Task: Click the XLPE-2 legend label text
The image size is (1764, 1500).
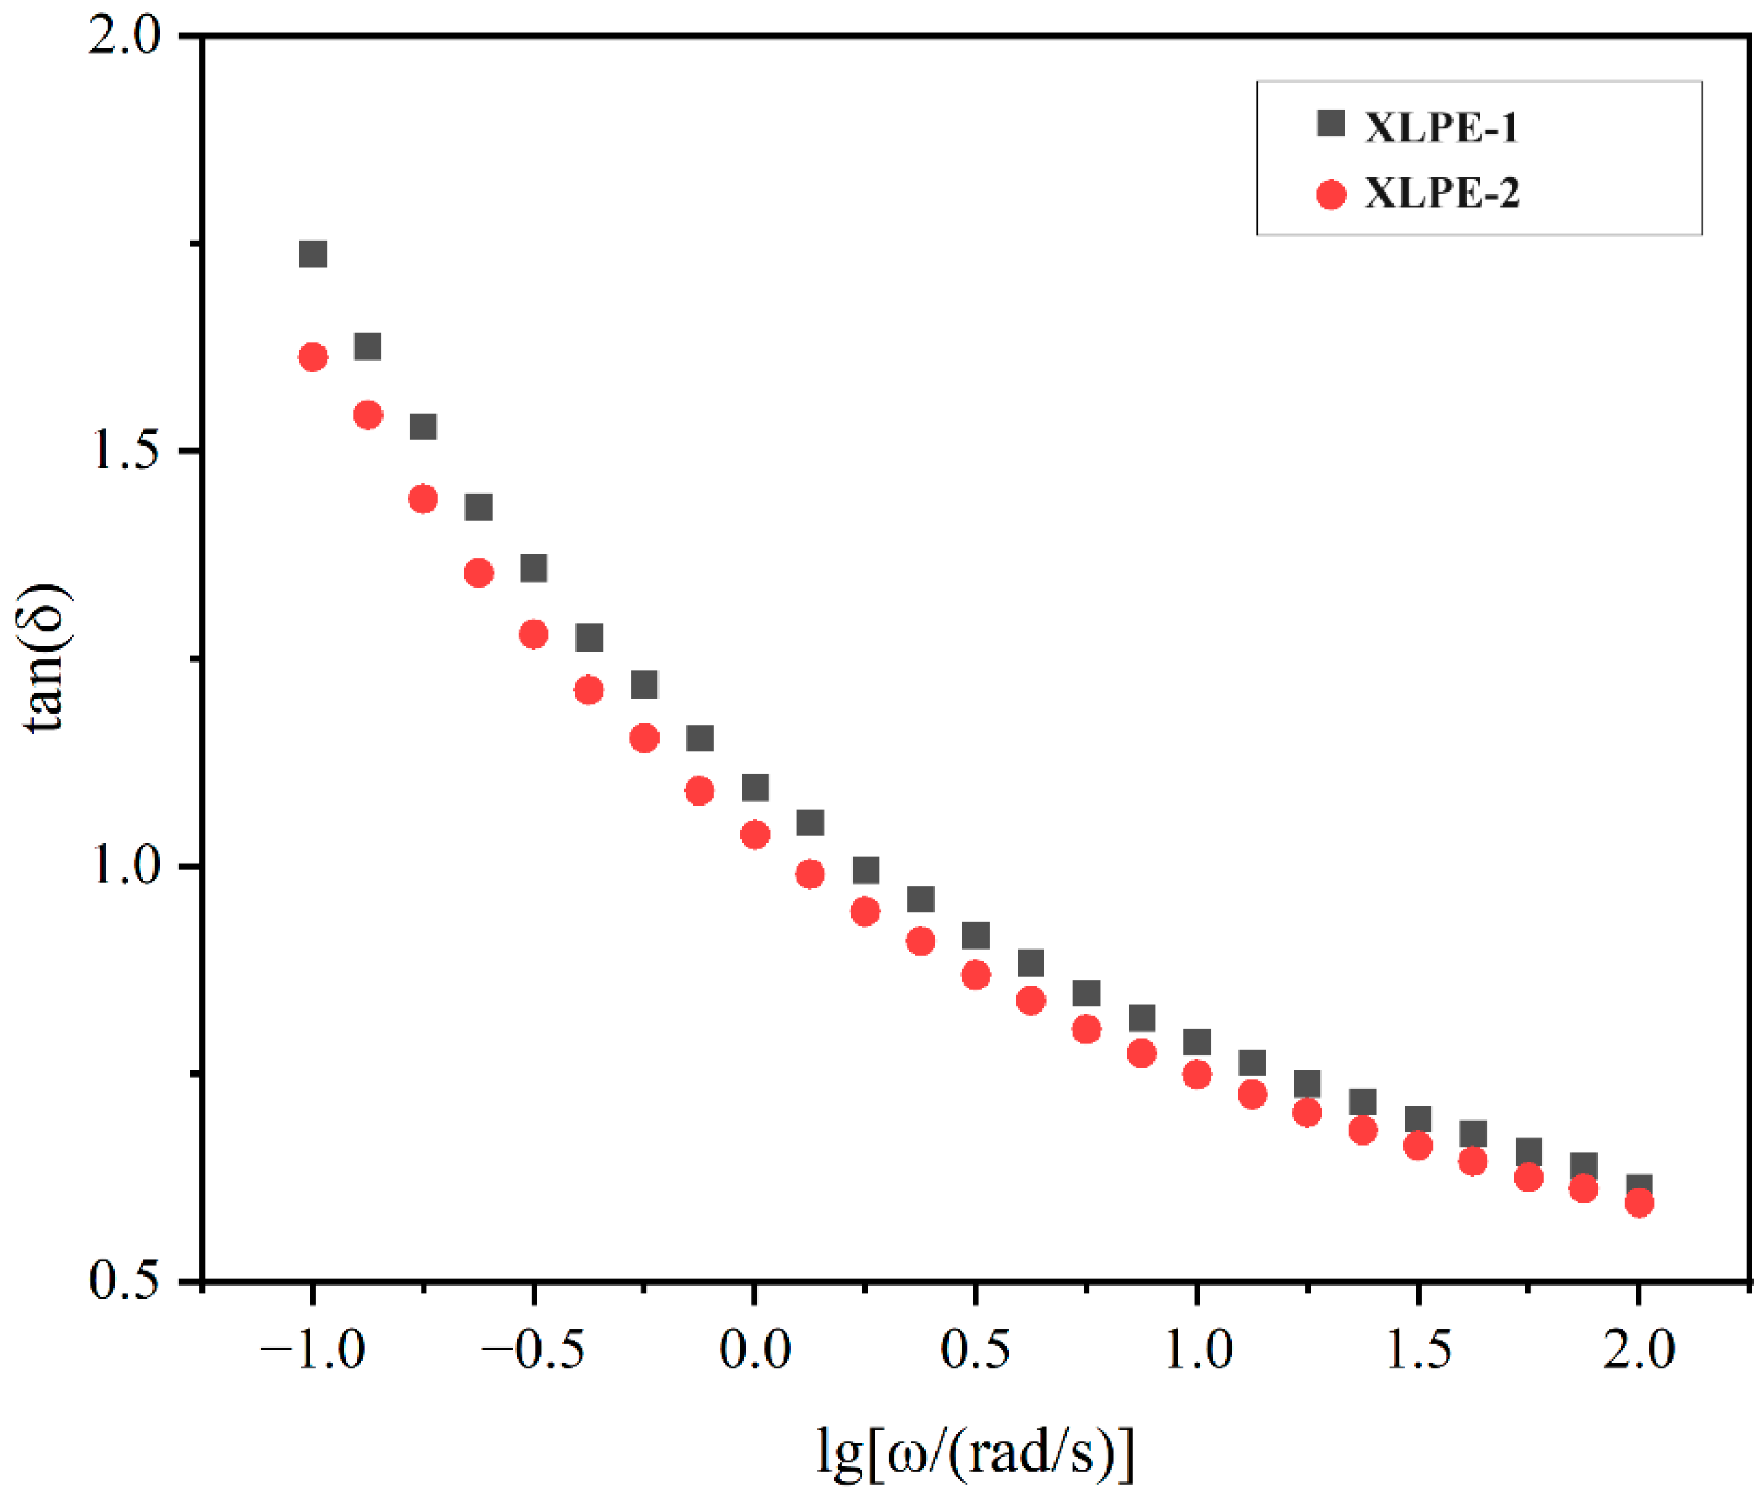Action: pyautogui.click(x=1441, y=193)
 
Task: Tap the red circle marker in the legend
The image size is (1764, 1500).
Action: pyautogui.click(x=1330, y=194)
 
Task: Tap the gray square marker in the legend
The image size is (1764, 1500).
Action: pyautogui.click(x=1330, y=123)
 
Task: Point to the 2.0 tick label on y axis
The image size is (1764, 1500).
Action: pyautogui.click(x=124, y=37)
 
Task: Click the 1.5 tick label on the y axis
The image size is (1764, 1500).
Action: pyautogui.click(x=124, y=450)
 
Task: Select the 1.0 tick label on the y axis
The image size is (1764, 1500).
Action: pyautogui.click(x=124, y=866)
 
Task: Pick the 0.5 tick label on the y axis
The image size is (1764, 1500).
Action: pyautogui.click(x=124, y=1280)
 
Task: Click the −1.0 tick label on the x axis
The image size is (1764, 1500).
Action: pyautogui.click(x=313, y=1350)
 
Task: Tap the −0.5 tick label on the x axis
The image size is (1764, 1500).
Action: pyautogui.click(x=533, y=1350)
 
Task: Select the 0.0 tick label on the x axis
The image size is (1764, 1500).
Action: pyautogui.click(x=755, y=1350)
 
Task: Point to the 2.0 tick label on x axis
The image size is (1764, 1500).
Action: pyautogui.click(x=1638, y=1350)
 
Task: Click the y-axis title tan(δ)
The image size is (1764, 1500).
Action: pyautogui.click(x=43, y=659)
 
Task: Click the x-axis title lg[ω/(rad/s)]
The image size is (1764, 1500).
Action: pyautogui.click(x=975, y=1452)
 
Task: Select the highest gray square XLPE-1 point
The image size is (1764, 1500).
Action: pyautogui.click(x=313, y=253)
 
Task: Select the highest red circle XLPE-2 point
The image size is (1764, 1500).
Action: pyautogui.click(x=313, y=357)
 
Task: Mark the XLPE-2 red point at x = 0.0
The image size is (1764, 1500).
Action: pyautogui.click(x=755, y=834)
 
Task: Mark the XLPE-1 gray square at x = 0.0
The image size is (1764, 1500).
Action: pyautogui.click(x=755, y=788)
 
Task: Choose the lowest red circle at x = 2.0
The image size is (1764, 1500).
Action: pyautogui.click(x=1638, y=1202)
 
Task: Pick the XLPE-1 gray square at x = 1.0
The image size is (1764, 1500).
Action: pyautogui.click(x=1197, y=1041)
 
